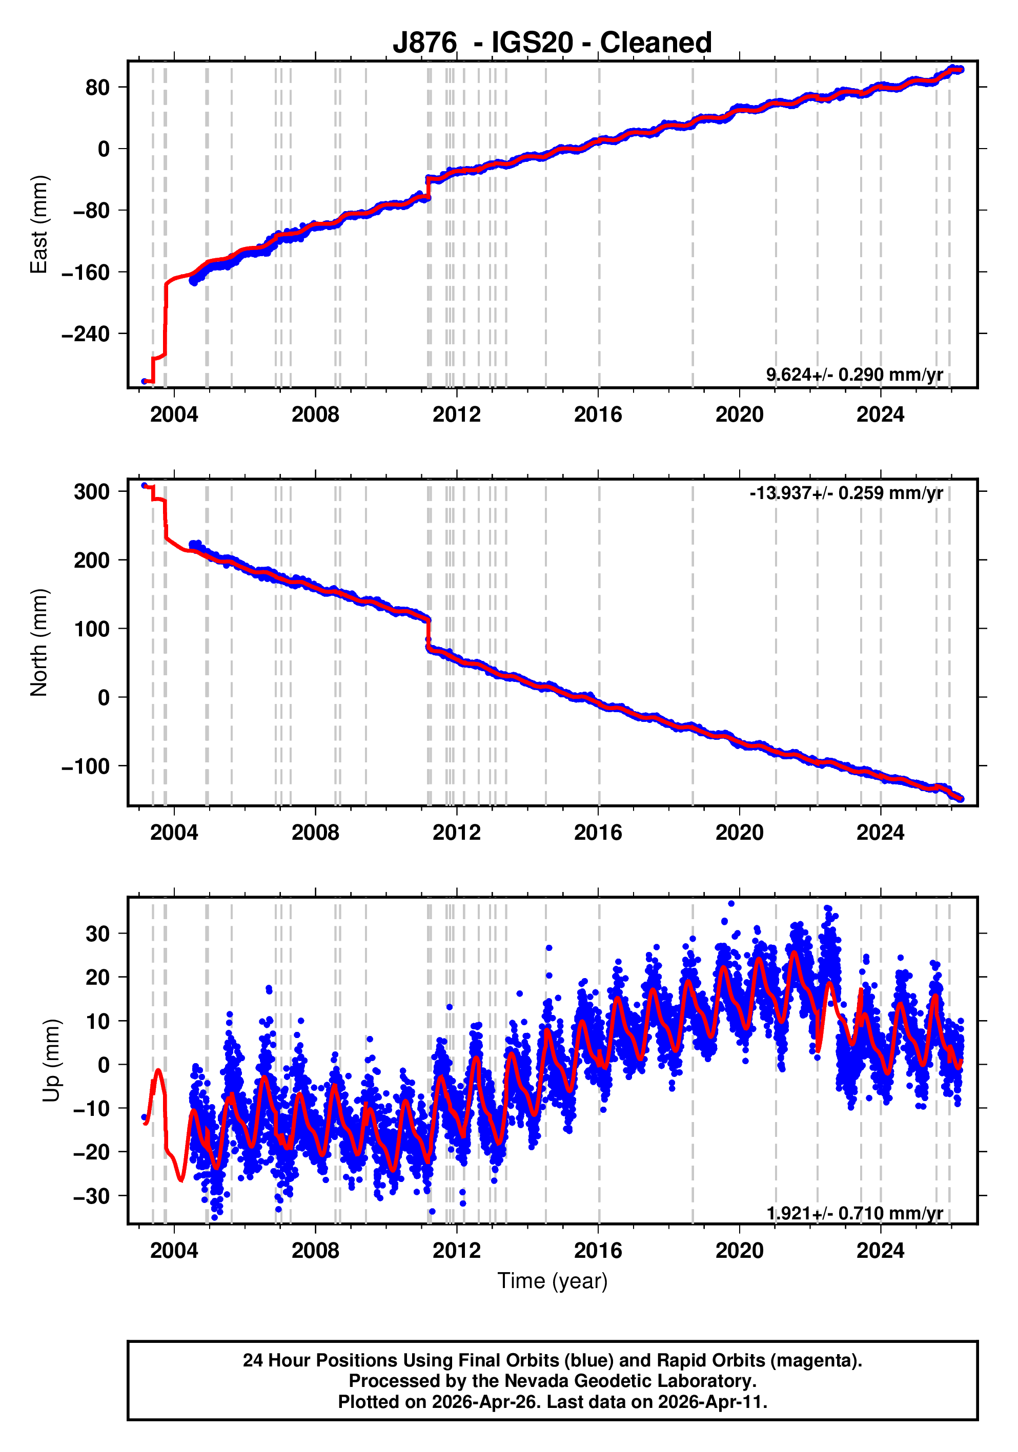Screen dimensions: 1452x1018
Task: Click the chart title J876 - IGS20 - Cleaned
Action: tap(552, 43)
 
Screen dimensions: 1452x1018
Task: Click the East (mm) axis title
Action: tap(39, 224)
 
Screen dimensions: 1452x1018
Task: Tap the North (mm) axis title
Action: tap(39, 642)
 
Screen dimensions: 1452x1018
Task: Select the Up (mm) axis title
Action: tap(52, 1061)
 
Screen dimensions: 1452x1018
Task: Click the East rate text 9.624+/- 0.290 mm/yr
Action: tap(854, 375)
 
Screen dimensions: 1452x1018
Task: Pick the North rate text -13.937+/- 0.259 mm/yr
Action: tap(846, 493)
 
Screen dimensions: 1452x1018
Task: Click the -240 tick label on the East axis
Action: tap(86, 334)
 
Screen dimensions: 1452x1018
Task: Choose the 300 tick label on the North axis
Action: tap(92, 492)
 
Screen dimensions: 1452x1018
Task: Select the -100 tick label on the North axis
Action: tap(86, 766)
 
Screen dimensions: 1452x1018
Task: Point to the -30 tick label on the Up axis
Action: tap(91, 1196)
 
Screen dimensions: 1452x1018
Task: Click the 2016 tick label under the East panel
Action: tap(598, 415)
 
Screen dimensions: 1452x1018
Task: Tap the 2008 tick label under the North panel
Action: tap(315, 832)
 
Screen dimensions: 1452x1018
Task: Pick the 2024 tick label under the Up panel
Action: tap(880, 1250)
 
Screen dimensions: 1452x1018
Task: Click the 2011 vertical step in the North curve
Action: tap(429, 632)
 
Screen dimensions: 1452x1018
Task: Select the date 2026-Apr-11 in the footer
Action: tap(712, 1402)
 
